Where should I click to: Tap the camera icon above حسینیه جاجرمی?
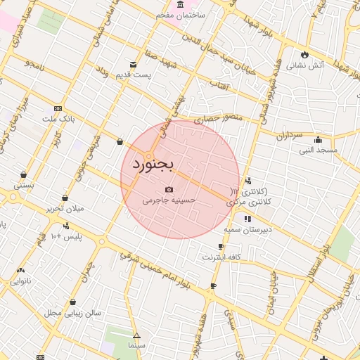(x=169, y=189)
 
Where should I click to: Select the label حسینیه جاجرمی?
(x=169, y=200)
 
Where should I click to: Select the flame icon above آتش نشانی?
(x=304, y=54)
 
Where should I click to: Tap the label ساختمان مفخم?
(x=201, y=15)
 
